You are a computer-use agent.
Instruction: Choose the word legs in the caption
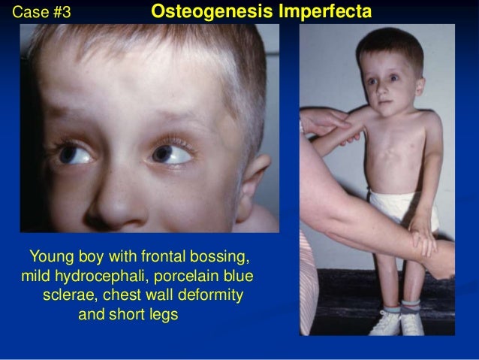[162, 314]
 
